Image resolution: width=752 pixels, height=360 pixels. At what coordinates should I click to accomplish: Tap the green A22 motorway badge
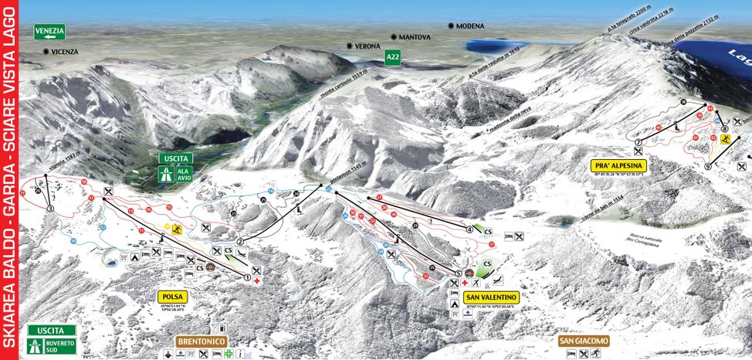(394, 56)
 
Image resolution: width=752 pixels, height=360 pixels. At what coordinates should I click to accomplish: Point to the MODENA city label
(469, 25)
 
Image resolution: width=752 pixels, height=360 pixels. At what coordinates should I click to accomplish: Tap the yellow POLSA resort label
(173, 297)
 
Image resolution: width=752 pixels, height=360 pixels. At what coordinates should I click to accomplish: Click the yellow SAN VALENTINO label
(491, 297)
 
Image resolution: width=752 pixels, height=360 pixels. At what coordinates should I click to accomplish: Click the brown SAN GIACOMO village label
(584, 340)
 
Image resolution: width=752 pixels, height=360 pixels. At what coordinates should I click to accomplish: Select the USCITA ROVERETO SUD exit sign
(52, 339)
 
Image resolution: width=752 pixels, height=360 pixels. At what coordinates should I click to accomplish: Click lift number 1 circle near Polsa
(248, 277)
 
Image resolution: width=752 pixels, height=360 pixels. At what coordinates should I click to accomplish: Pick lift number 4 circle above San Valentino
(469, 229)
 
